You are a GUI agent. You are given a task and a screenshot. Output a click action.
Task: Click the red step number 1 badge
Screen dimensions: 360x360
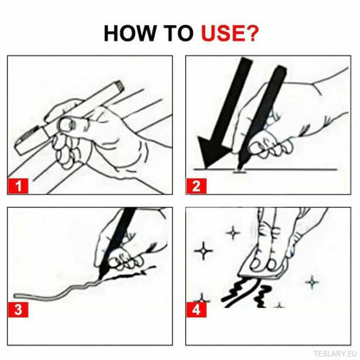(x=19, y=183)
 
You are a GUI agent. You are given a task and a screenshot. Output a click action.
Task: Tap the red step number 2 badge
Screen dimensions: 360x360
(x=198, y=183)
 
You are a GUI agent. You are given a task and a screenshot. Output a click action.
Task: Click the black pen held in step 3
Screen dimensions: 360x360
(x=121, y=238)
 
